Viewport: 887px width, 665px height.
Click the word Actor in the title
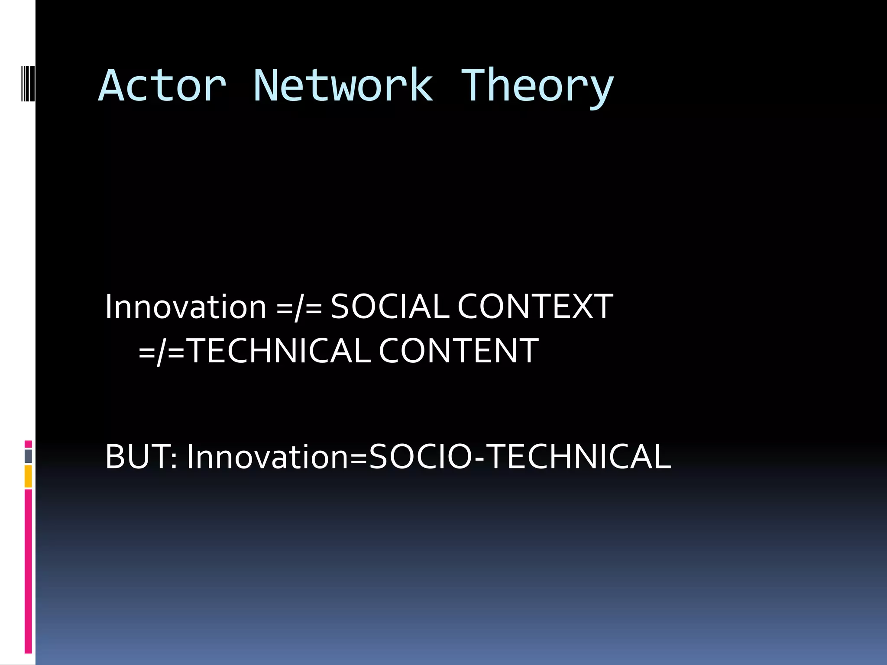pos(162,87)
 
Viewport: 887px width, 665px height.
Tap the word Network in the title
pos(343,87)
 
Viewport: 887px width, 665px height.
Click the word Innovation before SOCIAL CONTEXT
pos(185,307)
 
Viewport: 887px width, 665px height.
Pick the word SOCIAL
pos(390,307)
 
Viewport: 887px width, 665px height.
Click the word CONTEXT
pos(535,307)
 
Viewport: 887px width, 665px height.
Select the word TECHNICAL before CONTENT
pos(280,351)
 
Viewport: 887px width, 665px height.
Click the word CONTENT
pos(459,351)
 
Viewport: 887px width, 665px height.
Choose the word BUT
pos(138,457)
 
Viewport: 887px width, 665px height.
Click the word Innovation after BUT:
pos(268,457)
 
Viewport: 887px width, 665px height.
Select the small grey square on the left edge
pos(28,456)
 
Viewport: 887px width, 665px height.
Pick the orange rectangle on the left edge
pos(28,476)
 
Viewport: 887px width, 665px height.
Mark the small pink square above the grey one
pos(28,444)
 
